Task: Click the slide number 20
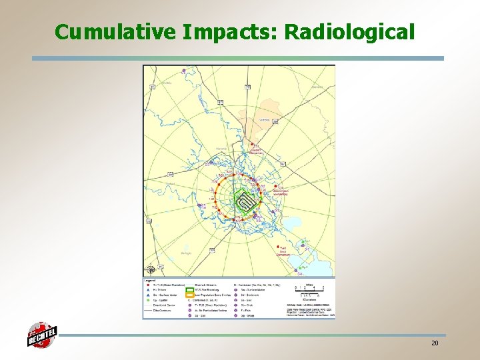434,343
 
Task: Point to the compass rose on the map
151,269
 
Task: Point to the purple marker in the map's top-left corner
147,69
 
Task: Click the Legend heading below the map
149,280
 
